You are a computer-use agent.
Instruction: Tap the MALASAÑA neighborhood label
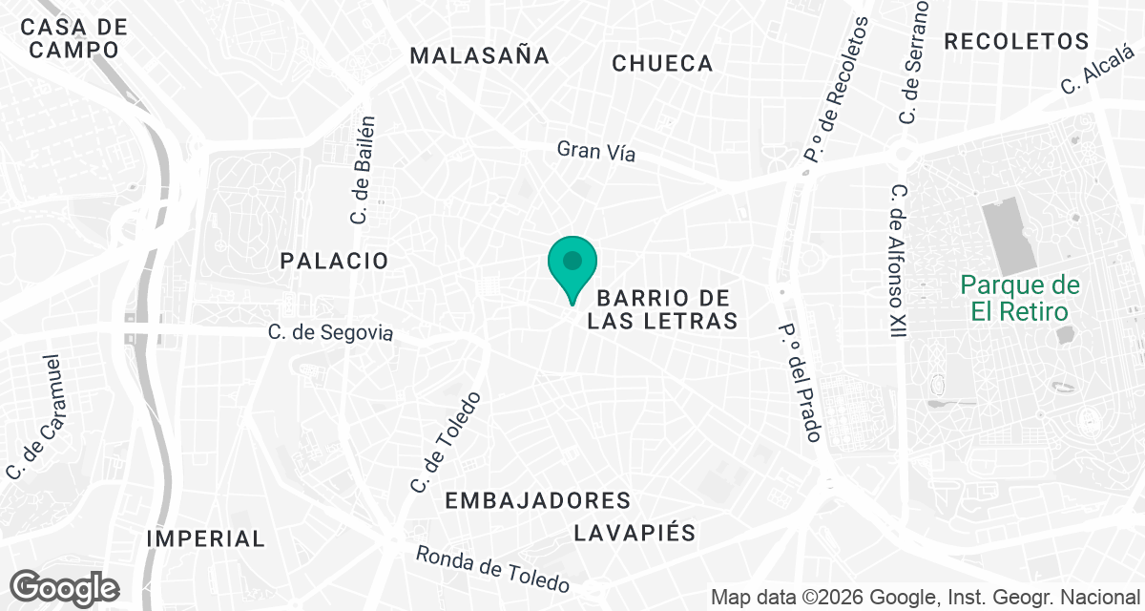pos(480,55)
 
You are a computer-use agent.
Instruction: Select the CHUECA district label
pos(662,63)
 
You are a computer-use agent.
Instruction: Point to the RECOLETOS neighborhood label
pos(1016,41)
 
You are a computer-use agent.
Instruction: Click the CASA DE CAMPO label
pos(73,37)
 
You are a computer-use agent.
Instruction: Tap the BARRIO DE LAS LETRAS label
pos(662,309)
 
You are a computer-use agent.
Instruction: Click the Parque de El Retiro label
pos(1020,298)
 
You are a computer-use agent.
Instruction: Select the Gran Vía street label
pos(596,151)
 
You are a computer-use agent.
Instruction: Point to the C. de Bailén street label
pos(364,171)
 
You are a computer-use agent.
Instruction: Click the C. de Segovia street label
pos(330,333)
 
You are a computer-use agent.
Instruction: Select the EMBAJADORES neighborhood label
pos(538,500)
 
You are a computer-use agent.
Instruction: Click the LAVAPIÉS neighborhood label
pos(635,533)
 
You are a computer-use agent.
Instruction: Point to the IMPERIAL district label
pos(205,538)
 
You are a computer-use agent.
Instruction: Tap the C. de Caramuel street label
pos(34,417)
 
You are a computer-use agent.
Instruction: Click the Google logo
pos(64,587)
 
